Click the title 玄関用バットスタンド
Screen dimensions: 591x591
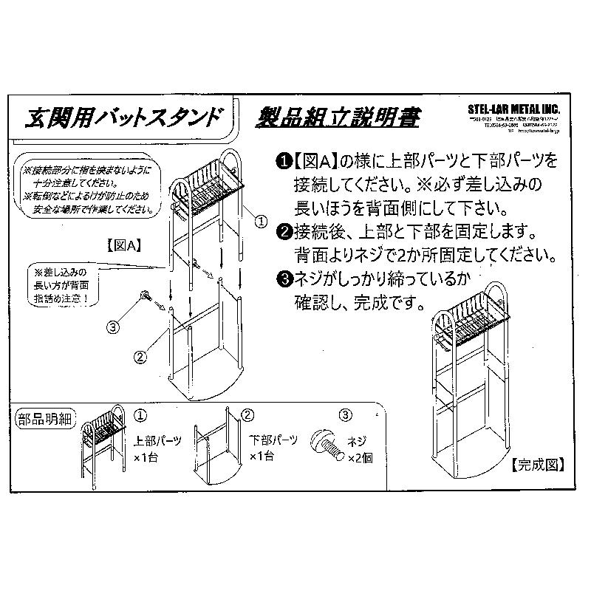click(124, 116)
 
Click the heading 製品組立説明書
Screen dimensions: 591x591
click(339, 117)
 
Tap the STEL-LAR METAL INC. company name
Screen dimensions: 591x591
click(514, 109)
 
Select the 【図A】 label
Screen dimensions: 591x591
click(121, 245)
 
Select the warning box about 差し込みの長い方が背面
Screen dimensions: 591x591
click(62, 284)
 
